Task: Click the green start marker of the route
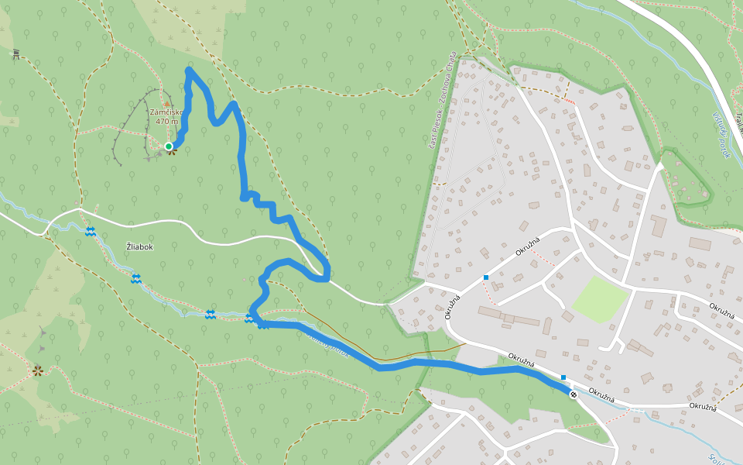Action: (169, 146)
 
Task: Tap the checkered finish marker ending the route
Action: (574, 394)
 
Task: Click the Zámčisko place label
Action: (166, 112)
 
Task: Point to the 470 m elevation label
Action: (166, 122)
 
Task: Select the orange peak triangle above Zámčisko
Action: (166, 103)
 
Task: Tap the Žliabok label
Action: (140, 246)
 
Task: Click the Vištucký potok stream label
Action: (721, 135)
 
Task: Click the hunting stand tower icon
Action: (15, 53)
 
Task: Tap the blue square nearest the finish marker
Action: (563, 377)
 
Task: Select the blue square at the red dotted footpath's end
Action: (486, 277)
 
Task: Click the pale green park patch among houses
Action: (599, 298)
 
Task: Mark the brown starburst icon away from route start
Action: (36, 370)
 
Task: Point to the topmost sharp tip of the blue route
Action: (189, 71)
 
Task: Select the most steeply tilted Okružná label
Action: (452, 305)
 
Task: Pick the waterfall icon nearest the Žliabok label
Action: (136, 277)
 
